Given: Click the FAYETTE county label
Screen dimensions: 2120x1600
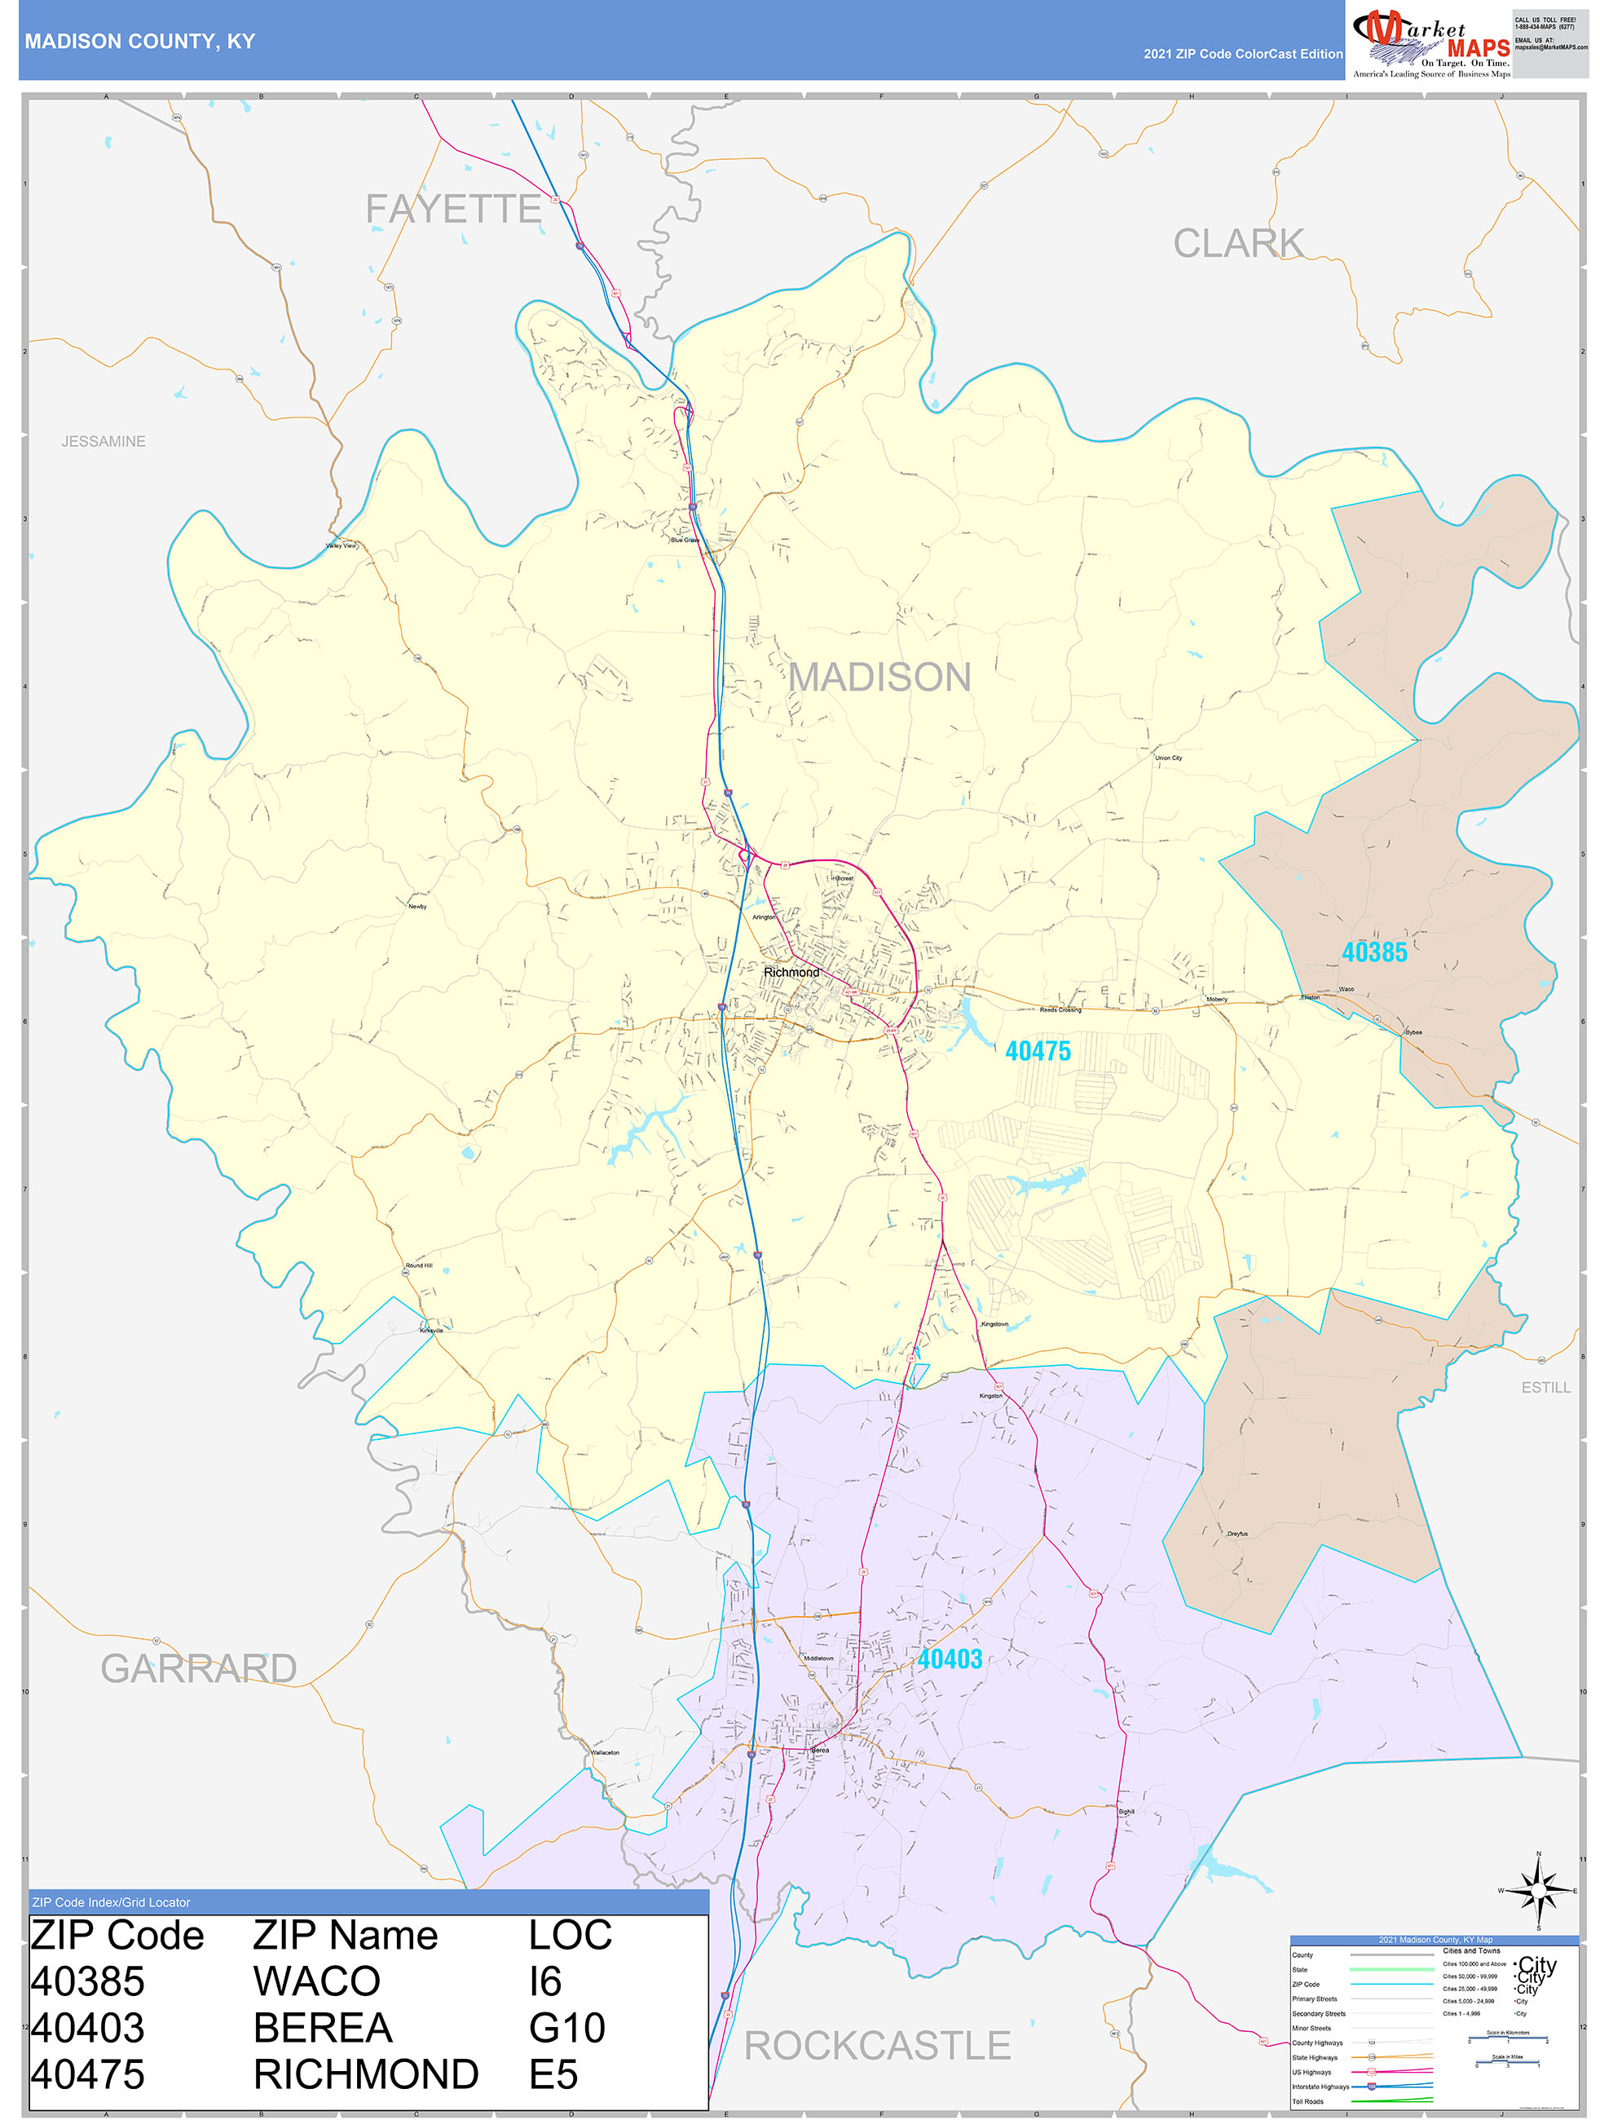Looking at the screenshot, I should pos(453,209).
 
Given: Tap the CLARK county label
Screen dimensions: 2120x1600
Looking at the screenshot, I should pos(1238,244).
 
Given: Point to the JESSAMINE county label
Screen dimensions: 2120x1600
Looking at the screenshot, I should pos(104,442).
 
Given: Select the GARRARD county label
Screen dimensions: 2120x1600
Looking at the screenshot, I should pos(198,1668).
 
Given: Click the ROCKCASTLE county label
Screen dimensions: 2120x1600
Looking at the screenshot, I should pos(877,2045).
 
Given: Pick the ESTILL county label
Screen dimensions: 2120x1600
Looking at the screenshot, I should pos(1545,1388).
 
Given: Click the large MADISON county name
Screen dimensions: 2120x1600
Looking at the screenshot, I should pos(879,678).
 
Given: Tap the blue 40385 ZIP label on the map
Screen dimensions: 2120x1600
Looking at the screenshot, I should pos(1374,952).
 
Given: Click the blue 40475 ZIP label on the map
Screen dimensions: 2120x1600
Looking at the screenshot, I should pos(1038,1051).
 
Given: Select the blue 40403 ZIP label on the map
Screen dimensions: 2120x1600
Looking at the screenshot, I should pos(950,1659).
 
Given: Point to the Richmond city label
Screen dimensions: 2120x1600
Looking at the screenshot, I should pos(791,972).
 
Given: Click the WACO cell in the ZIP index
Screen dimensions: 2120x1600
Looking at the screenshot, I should pos(316,1982).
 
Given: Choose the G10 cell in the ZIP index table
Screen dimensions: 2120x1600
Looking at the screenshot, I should pos(566,2028).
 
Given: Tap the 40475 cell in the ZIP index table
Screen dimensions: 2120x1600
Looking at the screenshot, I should pos(87,2074).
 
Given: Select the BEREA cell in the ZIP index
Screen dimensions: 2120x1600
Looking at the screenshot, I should pos(323,2028).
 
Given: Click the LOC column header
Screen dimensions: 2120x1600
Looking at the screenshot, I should pos(570,1936).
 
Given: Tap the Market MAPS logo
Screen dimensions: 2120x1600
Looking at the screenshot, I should pos(1430,40).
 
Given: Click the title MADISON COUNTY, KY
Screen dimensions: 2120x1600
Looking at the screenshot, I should pos(140,42).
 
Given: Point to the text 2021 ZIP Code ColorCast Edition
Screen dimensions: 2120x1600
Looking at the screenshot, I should pos(1243,54).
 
